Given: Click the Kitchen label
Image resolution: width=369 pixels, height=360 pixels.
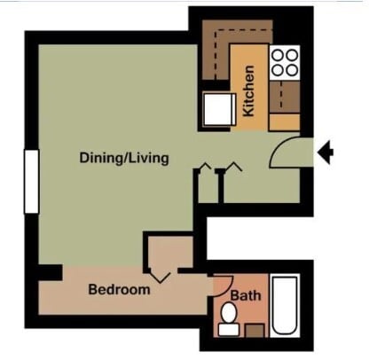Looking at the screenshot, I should coord(249,92).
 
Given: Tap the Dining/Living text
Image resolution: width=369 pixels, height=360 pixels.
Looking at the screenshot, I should coord(124,159).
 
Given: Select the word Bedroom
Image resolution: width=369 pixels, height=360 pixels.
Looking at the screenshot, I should coord(119,289).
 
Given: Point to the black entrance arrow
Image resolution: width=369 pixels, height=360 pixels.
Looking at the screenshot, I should coord(326,153).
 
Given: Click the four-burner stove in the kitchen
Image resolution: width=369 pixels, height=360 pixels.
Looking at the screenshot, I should coord(285,62).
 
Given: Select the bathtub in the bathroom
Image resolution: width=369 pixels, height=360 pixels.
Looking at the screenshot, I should coord(284,305).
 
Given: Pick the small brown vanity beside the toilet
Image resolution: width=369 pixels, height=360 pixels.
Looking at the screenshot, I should coord(255,330).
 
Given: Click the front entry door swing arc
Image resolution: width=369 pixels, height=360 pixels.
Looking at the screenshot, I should coord(284,153).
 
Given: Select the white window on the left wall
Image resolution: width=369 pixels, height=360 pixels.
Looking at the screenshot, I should coord(32,181).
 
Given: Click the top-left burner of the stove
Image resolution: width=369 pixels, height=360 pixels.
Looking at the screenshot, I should coord(277,54).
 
